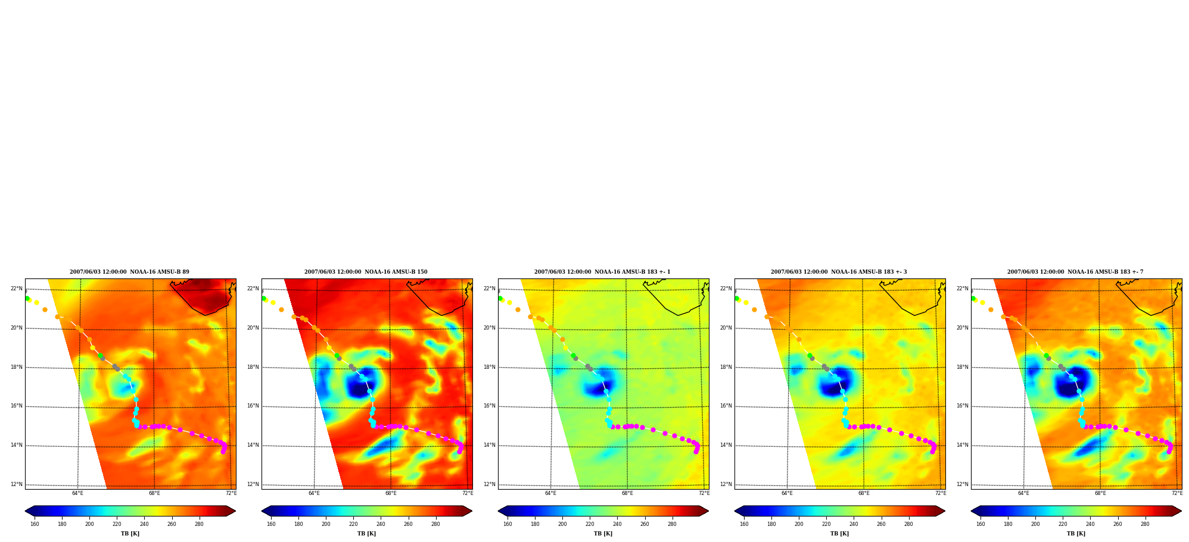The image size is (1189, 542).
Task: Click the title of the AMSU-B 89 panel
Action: (x=129, y=272)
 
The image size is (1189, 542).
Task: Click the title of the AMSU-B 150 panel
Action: (x=366, y=272)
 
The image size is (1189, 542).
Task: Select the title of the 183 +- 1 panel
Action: (x=602, y=272)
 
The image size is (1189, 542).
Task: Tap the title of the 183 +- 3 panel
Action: (x=839, y=272)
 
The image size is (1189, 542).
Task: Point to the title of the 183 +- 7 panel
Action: (x=1075, y=272)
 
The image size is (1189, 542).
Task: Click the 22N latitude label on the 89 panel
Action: (x=16, y=289)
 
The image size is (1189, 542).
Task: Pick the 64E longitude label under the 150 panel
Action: (x=314, y=493)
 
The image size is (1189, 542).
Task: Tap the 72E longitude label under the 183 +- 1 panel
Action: (x=704, y=493)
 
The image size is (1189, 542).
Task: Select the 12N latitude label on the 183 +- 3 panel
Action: (x=726, y=484)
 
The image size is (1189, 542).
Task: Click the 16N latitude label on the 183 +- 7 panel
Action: (x=962, y=406)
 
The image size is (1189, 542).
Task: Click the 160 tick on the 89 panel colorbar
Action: (x=35, y=524)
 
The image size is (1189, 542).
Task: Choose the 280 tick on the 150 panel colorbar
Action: (x=435, y=524)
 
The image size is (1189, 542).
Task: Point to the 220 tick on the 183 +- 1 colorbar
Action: (x=590, y=524)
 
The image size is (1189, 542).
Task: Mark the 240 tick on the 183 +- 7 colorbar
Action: (x=1090, y=524)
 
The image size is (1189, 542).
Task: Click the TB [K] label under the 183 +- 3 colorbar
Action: (x=839, y=534)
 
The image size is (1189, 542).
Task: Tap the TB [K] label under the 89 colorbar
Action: (x=130, y=534)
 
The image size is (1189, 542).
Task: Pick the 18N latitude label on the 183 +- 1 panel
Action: (x=489, y=367)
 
